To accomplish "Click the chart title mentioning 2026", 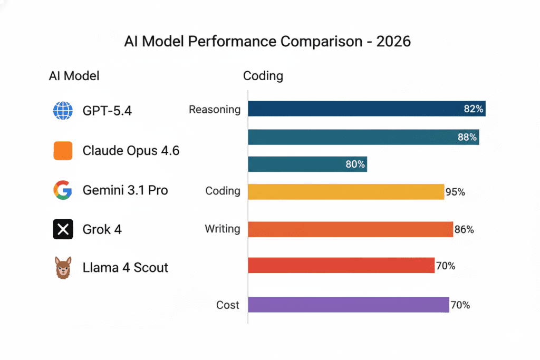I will pyautogui.click(x=267, y=42).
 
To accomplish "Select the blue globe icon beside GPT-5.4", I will pyautogui.click(x=63, y=111).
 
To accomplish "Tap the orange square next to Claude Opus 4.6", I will pyautogui.click(x=63, y=151).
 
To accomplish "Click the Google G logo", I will pyautogui.click(x=63, y=190).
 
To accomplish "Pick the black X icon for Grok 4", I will pyautogui.click(x=63, y=229).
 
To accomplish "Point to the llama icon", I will pyautogui.click(x=63, y=268).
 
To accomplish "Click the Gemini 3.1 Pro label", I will pyautogui.click(x=125, y=190).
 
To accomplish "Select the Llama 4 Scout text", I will pyautogui.click(x=125, y=268).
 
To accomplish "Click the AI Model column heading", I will pyautogui.click(x=74, y=76).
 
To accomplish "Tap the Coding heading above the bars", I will pyautogui.click(x=263, y=76).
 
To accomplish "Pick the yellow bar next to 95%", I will pyautogui.click(x=345, y=192).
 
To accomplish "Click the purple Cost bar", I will pyautogui.click(x=348, y=305).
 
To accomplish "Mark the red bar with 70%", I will pyautogui.click(x=341, y=266).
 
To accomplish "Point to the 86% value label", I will pyautogui.click(x=464, y=229).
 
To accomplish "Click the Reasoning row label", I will pyautogui.click(x=215, y=110).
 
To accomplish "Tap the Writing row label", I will pyautogui.click(x=223, y=229).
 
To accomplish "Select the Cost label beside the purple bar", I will pyautogui.click(x=228, y=305).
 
